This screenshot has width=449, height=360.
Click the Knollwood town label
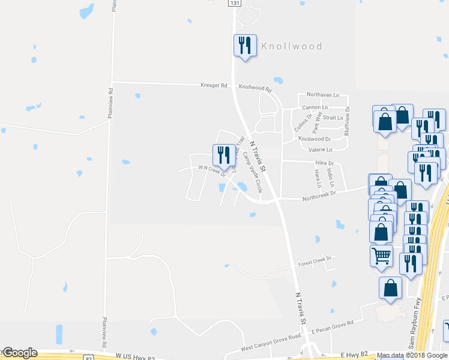[291, 46]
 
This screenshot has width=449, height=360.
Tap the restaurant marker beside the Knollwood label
[245, 46]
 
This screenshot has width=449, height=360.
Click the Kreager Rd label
[214, 86]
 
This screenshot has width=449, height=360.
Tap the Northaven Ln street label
[322, 95]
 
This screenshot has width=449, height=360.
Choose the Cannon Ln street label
[316, 107]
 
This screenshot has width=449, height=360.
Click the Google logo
[20, 353]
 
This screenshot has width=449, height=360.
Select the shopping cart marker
[381, 256]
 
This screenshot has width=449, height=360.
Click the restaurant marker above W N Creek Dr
[223, 155]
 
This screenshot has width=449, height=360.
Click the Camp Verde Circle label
[253, 172]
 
